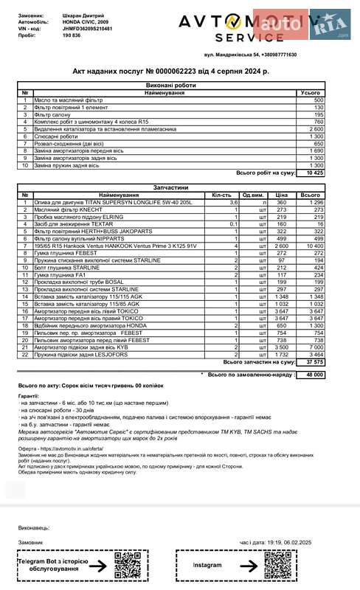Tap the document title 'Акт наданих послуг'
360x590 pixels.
click(x=170, y=70)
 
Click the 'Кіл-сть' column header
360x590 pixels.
click(x=222, y=195)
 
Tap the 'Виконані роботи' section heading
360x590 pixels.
click(x=171, y=86)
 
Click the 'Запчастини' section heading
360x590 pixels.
click(x=171, y=187)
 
